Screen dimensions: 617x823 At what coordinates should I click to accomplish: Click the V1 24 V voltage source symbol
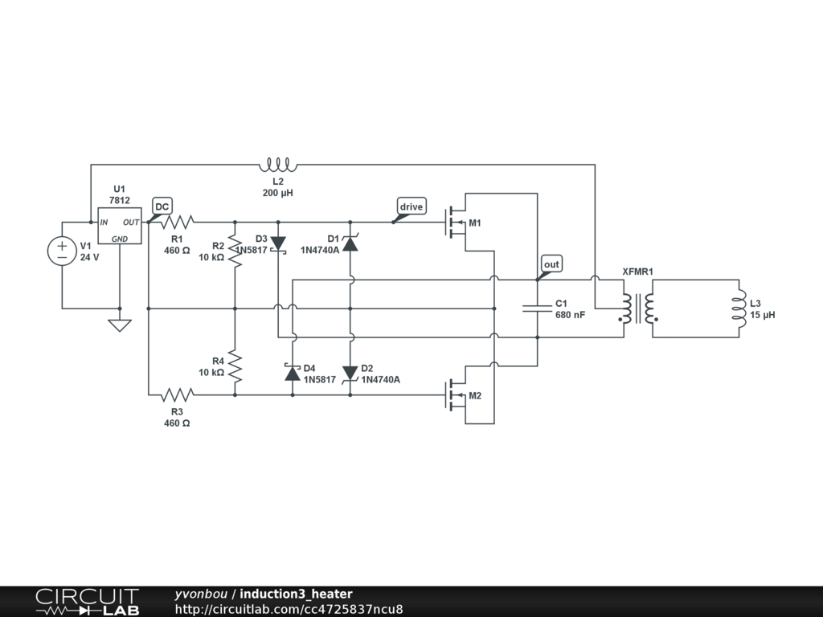click(x=62, y=251)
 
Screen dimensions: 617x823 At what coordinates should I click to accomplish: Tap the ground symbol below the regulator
click(x=119, y=325)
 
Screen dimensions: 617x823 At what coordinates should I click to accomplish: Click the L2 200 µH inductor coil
click(x=278, y=165)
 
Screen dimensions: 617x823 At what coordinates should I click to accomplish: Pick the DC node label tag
click(x=162, y=207)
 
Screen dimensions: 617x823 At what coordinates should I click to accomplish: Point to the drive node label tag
click(x=411, y=207)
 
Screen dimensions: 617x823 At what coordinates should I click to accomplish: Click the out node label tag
click(x=551, y=264)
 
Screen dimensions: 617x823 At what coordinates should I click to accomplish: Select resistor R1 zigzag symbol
click(x=178, y=223)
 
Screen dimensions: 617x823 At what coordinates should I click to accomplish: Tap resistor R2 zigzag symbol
click(x=235, y=251)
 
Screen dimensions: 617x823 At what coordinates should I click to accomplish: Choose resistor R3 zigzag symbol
click(x=178, y=394)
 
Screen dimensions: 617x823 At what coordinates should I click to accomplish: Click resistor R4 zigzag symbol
click(x=235, y=366)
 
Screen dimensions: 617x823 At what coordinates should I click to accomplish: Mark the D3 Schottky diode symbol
click(x=278, y=243)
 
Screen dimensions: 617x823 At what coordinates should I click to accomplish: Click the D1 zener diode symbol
click(x=350, y=243)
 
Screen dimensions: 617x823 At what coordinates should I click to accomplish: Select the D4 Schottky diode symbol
click(x=293, y=373)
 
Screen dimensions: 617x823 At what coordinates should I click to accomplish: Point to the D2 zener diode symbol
click(x=350, y=373)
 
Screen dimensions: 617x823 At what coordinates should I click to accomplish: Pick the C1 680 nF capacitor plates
click(x=537, y=308)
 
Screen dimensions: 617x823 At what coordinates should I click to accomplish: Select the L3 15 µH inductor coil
click(x=736, y=308)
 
